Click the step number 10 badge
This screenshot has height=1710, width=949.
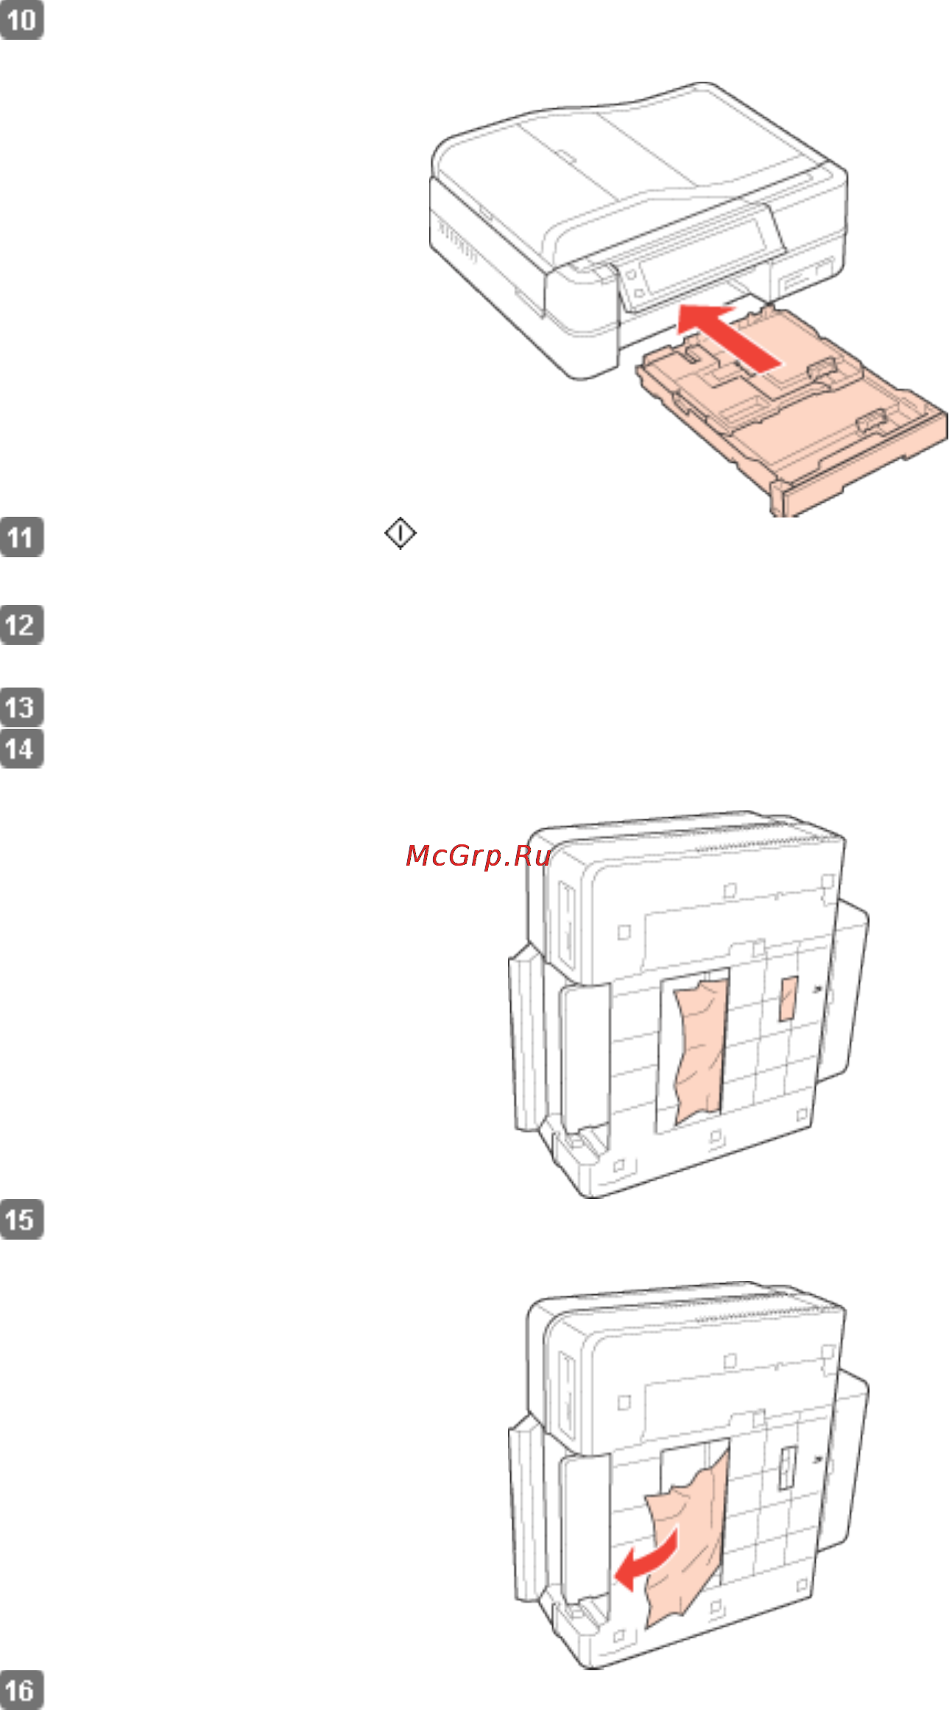pyautogui.click(x=21, y=20)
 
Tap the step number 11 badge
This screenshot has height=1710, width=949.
pyautogui.click(x=21, y=537)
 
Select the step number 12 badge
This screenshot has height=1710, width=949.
pyautogui.click(x=21, y=625)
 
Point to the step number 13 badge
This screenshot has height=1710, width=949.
pyautogui.click(x=21, y=707)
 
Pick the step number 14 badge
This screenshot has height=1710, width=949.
pyautogui.click(x=21, y=749)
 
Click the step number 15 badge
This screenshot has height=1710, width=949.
pyautogui.click(x=21, y=1220)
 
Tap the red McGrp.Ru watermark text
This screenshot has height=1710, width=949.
pyautogui.click(x=478, y=855)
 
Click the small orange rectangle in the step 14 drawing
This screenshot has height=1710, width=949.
pyautogui.click(x=789, y=999)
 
